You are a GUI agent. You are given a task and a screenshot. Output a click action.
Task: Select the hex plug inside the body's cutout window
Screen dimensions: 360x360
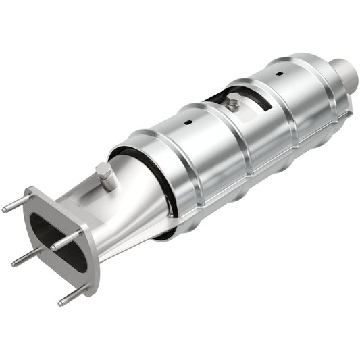[x=233, y=103]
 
